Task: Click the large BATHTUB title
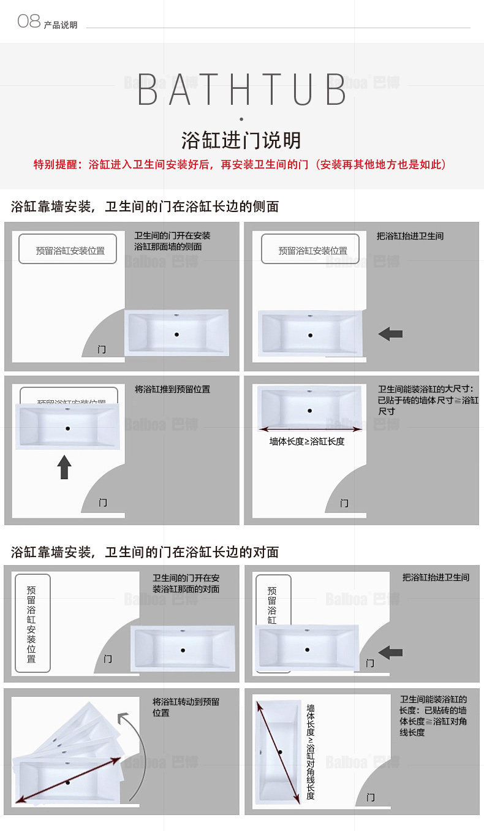click(x=242, y=89)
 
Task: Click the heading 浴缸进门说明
click(x=241, y=140)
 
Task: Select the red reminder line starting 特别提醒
click(x=240, y=165)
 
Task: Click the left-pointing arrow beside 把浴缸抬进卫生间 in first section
click(x=390, y=334)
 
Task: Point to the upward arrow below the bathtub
click(x=64, y=467)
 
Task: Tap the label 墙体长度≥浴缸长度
click(x=307, y=441)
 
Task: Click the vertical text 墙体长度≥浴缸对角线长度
click(x=311, y=751)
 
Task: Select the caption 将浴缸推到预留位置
click(x=172, y=389)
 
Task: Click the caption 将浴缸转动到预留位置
click(x=186, y=707)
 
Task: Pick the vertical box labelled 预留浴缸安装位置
click(x=32, y=623)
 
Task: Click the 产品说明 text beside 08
click(x=61, y=25)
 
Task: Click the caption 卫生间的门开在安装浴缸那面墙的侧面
click(x=172, y=241)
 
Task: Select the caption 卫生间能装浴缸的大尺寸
click(x=428, y=400)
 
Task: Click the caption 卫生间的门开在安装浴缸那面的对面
click(x=186, y=583)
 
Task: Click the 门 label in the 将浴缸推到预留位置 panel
click(x=103, y=503)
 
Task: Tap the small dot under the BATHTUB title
click(x=241, y=119)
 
